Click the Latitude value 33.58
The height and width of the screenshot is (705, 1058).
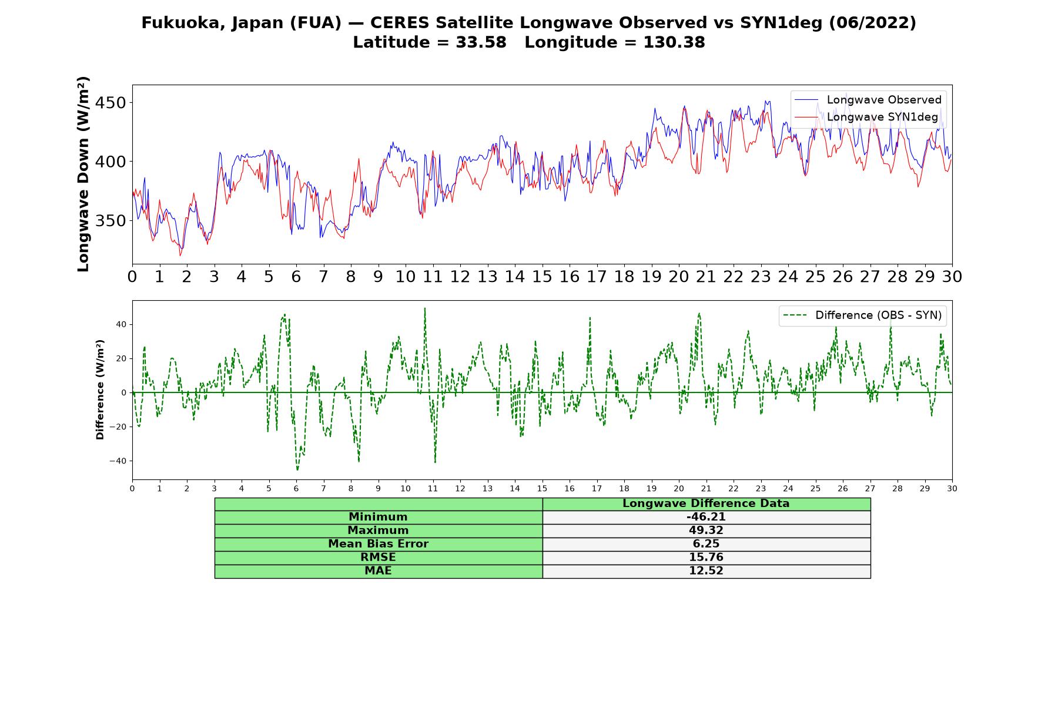click(x=481, y=42)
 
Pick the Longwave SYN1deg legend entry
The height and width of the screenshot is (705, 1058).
click(x=866, y=117)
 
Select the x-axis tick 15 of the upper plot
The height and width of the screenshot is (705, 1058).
click(x=542, y=276)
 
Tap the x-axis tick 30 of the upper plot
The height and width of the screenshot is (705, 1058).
click(x=952, y=276)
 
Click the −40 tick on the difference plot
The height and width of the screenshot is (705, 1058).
click(x=118, y=461)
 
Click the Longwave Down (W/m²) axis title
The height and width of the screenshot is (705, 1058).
click(x=83, y=174)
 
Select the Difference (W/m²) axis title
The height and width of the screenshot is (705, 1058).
click(x=100, y=390)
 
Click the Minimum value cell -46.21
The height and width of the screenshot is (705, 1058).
click(x=706, y=517)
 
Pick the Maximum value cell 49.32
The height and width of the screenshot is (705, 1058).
click(x=706, y=531)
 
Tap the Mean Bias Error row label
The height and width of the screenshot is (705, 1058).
click(x=379, y=544)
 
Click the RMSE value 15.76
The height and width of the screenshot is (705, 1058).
click(x=706, y=558)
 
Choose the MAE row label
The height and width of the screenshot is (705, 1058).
click(x=379, y=571)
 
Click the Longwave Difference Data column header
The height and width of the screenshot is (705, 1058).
click(x=706, y=503)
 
